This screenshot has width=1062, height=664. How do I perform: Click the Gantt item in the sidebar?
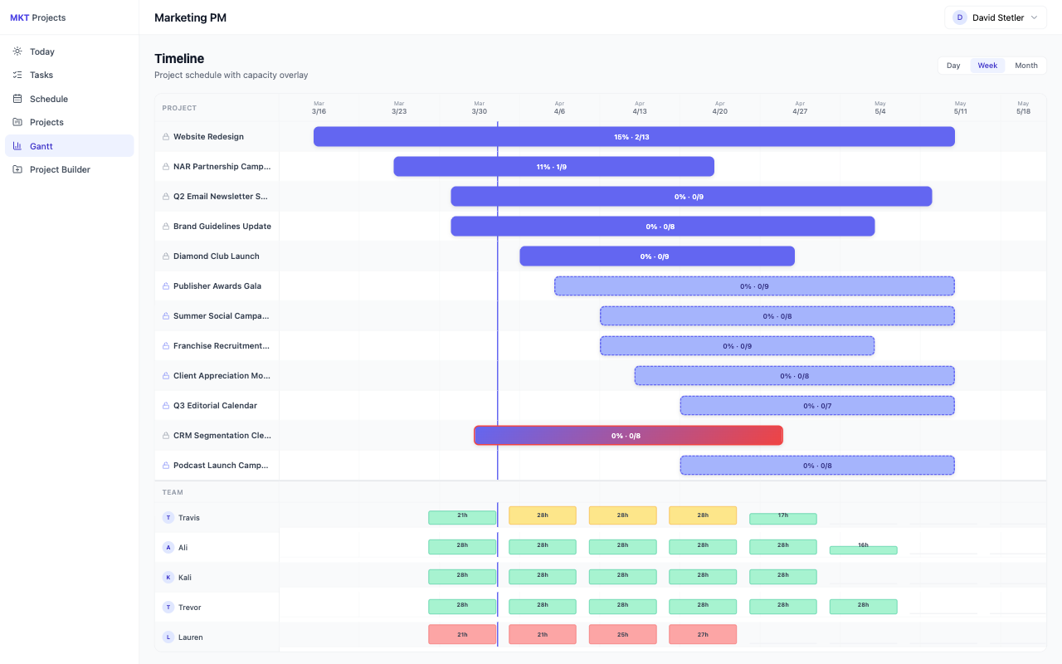coord(41,146)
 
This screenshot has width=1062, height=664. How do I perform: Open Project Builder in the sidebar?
coord(60,169)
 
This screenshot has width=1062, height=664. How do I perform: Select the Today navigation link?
coord(41,51)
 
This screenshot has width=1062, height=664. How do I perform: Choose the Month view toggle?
coord(1025,66)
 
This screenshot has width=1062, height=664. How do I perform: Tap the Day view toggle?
coord(953,66)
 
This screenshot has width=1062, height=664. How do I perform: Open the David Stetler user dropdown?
coord(995,17)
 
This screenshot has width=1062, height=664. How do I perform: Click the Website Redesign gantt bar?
coord(634,137)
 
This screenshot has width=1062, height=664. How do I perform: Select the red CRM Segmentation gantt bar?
coord(628,436)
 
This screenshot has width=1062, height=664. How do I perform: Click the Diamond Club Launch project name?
coord(216,256)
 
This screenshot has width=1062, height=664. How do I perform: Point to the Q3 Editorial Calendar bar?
coord(817,406)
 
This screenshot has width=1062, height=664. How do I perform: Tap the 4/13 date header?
coord(639,108)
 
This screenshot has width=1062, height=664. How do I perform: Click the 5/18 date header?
coord(1023,108)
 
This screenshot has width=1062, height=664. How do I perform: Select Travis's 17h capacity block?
coord(782,519)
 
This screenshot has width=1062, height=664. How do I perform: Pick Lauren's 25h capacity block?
coord(622,635)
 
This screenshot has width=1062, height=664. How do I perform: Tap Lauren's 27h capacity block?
coord(702,635)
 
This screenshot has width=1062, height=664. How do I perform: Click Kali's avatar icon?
coord(168,578)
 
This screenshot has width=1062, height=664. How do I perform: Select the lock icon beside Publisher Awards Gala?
coord(166,286)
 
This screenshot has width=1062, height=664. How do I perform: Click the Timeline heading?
coord(179,59)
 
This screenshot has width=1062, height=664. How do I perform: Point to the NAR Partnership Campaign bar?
coord(553,167)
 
